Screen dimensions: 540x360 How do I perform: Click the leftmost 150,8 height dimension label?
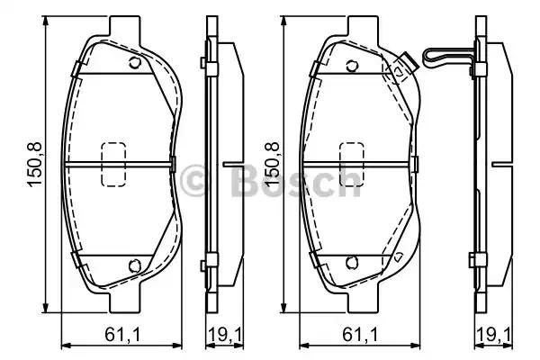point(35,165)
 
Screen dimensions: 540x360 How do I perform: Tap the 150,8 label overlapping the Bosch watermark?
point(272,165)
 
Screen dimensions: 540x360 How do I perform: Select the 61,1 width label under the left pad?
point(122,335)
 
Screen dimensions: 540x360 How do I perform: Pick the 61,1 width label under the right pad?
point(361,335)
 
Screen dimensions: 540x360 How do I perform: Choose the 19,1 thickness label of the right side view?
point(494,335)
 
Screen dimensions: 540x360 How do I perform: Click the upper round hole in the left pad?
point(135,63)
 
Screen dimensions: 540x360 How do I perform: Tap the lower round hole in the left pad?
point(135,265)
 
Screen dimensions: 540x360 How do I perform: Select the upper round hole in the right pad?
point(352,66)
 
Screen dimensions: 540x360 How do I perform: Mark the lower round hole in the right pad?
point(352,263)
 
